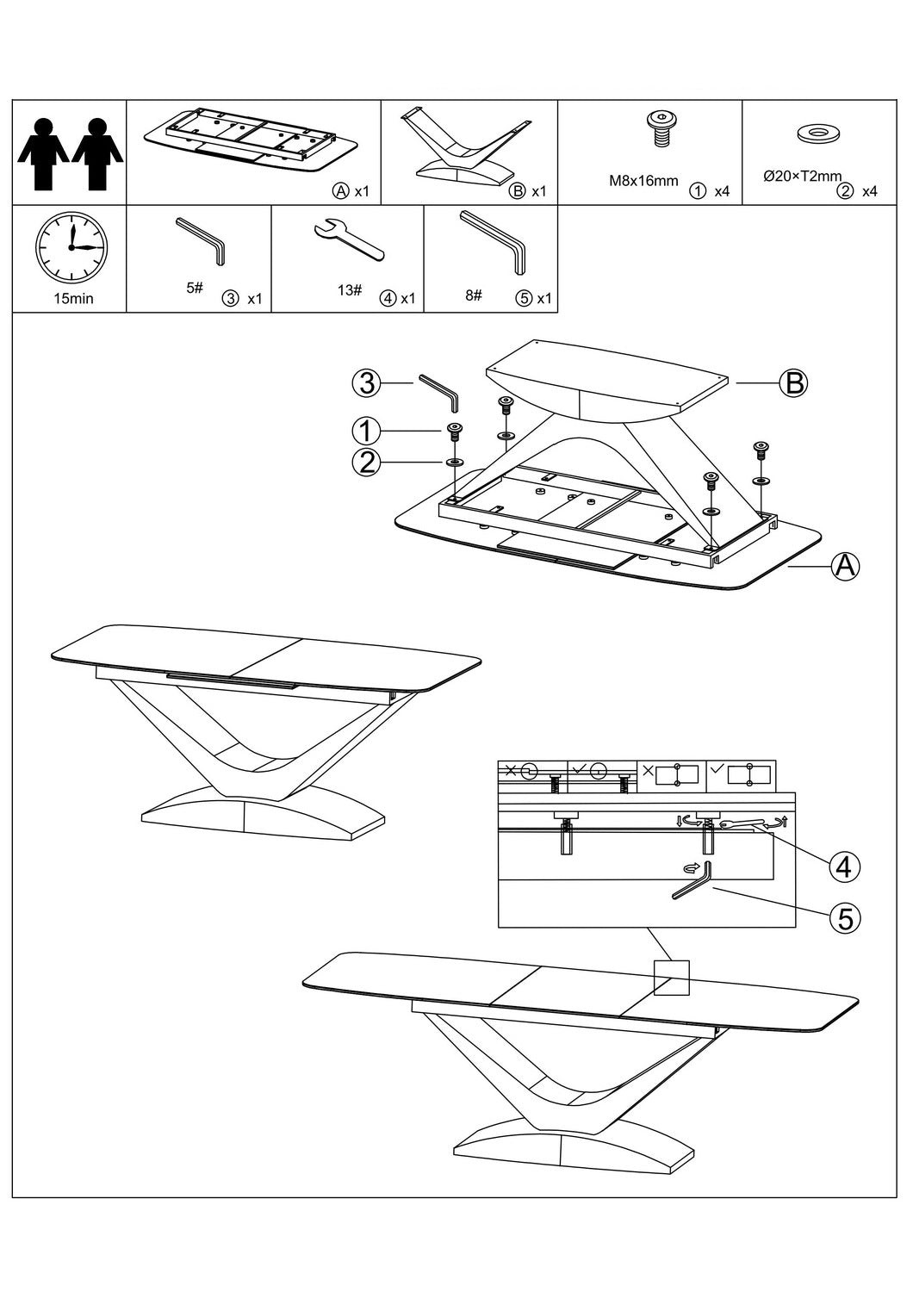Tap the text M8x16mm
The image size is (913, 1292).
[644, 182]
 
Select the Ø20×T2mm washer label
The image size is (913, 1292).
[803, 176]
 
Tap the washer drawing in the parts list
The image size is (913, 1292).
[819, 134]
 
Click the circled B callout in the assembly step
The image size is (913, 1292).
[792, 382]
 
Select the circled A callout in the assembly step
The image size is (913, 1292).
[845, 566]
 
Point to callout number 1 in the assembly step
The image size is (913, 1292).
[367, 429]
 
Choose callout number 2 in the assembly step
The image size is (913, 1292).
[367, 463]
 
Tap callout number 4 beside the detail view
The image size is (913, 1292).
[845, 866]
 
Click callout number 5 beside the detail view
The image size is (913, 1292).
[845, 919]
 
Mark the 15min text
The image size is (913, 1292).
[72, 299]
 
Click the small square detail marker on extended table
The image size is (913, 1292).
[672, 978]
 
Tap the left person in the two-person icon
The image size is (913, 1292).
[43, 152]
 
